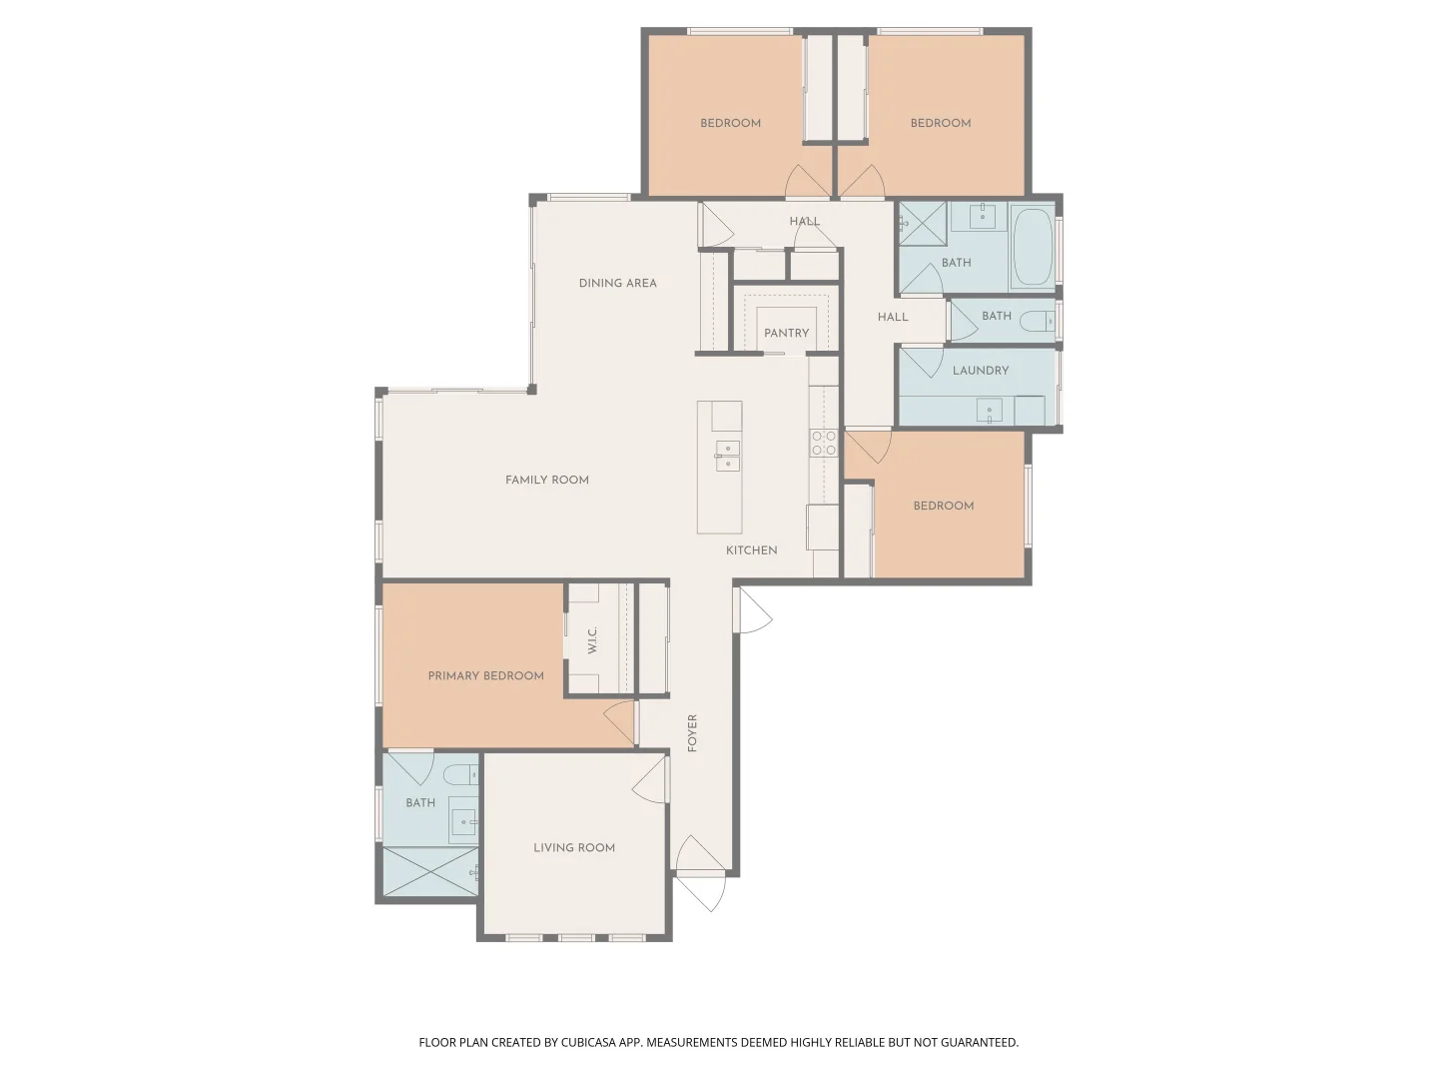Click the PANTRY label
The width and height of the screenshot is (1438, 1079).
coord(786,333)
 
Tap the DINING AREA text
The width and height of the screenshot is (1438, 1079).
coord(617,283)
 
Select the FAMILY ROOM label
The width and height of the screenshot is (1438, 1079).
coord(546,480)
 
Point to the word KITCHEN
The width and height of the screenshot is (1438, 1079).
coord(751,550)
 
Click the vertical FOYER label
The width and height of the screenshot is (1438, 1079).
coord(692,732)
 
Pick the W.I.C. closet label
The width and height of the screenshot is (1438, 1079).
coord(592,639)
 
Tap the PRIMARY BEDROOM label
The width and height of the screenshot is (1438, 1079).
coord(485,675)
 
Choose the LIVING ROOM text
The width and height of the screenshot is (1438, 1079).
coord(573,847)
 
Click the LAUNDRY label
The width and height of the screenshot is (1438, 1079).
coord(980,370)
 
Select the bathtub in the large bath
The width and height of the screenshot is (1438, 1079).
coord(1033,247)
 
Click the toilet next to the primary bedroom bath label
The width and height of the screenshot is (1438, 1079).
coord(462,774)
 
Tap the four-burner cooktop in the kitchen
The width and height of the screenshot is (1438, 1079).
coord(823,444)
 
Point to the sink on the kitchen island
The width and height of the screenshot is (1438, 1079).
coord(727,456)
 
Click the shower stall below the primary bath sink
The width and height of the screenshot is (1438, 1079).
coord(430,871)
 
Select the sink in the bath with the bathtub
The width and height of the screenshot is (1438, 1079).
coord(982,215)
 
